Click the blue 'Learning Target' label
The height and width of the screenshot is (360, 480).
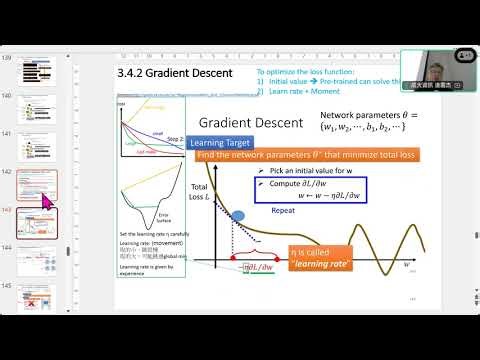point(220,143)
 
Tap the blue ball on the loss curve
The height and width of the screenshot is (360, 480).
point(239,213)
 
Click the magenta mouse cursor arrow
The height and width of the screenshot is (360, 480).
point(46,200)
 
